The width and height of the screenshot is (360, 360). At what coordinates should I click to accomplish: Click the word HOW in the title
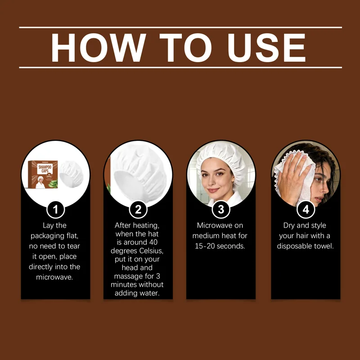[98, 48]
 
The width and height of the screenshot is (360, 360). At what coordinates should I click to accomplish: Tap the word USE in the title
[266, 48]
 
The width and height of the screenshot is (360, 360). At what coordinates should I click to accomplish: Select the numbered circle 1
[55, 209]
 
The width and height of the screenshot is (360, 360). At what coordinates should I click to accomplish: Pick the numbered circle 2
[138, 209]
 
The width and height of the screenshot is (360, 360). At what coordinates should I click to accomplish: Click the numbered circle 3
[220, 209]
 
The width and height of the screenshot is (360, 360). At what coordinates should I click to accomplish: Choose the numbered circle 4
[306, 209]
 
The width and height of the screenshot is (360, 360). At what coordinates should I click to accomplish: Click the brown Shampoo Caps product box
[43, 174]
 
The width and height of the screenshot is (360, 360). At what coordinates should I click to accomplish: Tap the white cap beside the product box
[71, 174]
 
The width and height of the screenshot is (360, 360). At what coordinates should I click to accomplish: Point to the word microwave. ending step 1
[54, 277]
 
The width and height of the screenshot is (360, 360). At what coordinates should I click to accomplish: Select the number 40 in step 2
[153, 242]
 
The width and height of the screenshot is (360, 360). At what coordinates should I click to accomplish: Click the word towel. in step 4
[324, 246]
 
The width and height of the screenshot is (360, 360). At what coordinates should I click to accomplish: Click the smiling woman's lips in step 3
[213, 190]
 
